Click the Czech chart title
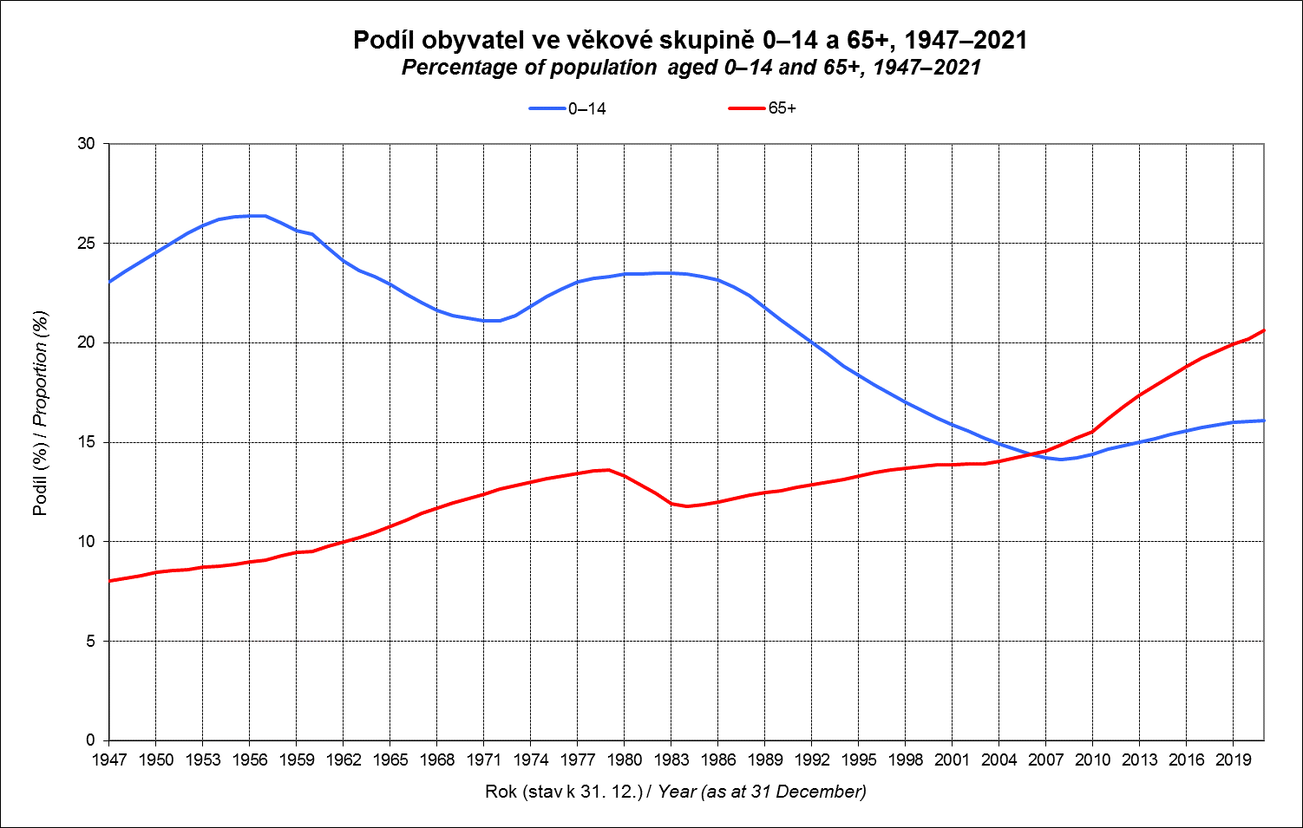[x=690, y=40]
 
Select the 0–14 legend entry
[x=568, y=108]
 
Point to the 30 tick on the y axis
[x=86, y=144]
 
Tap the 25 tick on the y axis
[x=86, y=244]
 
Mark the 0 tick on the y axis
[x=90, y=740]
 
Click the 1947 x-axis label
[x=109, y=760]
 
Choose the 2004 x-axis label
[x=999, y=760]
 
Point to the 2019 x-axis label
[x=1234, y=760]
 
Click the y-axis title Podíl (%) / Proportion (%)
[x=40, y=413]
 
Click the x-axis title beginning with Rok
[x=676, y=792]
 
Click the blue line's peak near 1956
[x=252, y=215]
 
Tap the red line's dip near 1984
[x=687, y=505]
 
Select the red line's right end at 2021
[x=1264, y=330]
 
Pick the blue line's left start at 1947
[x=109, y=282]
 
